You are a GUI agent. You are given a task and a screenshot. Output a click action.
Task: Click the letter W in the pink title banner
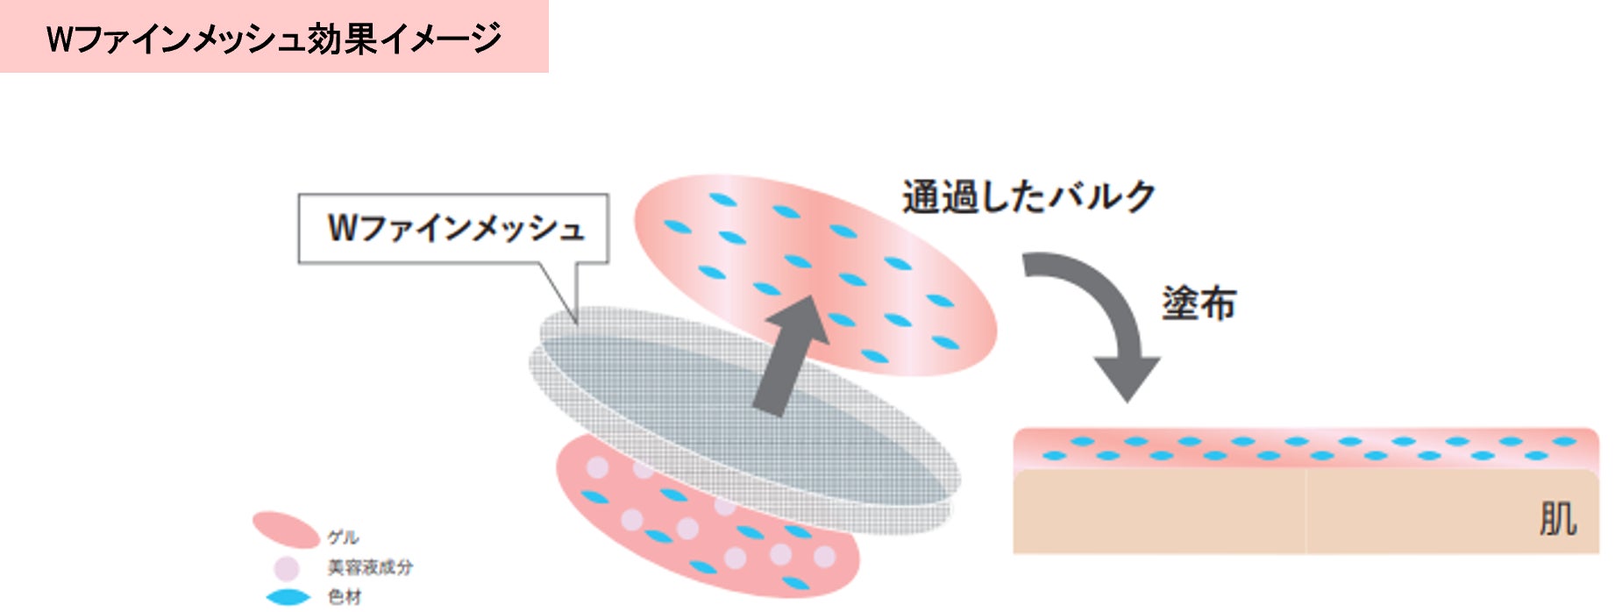[x=60, y=39]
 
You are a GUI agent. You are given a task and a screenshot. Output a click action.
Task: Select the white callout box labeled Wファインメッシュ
[x=452, y=228]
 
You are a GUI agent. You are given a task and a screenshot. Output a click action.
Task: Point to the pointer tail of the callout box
[x=561, y=294]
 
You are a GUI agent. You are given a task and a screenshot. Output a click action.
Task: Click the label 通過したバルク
[x=1028, y=196]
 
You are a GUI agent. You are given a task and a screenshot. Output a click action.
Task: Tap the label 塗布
[x=1198, y=303]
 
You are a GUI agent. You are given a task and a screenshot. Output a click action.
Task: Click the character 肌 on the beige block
[x=1557, y=518]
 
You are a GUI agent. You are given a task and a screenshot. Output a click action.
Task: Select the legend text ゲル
[x=343, y=537]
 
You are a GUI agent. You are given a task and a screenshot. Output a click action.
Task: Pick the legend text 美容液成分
[x=369, y=567]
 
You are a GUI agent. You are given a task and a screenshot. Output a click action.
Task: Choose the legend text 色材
[x=344, y=597]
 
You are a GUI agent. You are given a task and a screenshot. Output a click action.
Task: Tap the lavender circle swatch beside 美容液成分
[x=287, y=568]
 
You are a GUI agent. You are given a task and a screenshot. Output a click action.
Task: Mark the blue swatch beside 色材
[x=288, y=597]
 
